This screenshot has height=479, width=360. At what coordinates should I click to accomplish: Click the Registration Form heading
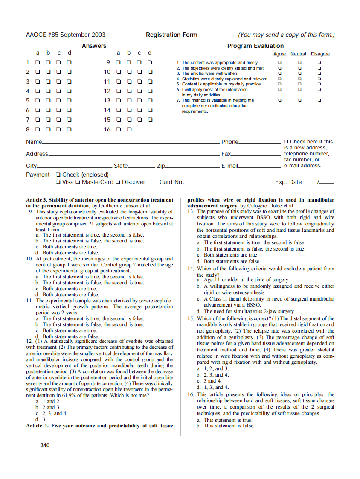point(171,35)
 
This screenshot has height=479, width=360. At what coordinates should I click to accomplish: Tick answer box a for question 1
point(38,62)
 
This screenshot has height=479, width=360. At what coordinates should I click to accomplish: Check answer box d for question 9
point(150,62)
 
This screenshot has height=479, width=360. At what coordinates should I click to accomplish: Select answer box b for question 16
point(129,129)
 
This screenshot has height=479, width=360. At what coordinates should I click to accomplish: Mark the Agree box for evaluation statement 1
point(280,63)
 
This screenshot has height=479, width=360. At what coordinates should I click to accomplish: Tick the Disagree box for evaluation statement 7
point(319,100)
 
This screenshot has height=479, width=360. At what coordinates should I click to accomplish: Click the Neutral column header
point(298,54)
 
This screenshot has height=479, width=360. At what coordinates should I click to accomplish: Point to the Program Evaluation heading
point(255,46)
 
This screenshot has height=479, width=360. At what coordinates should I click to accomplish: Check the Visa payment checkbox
point(58,182)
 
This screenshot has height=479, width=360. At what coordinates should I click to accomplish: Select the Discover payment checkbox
point(118,182)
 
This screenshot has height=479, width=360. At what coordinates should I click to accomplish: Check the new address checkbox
point(286,142)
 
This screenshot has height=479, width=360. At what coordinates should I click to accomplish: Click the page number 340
point(45,445)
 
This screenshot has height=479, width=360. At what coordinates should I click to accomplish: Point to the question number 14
point(191,269)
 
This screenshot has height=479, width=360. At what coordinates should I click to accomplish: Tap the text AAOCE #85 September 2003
point(66,35)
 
